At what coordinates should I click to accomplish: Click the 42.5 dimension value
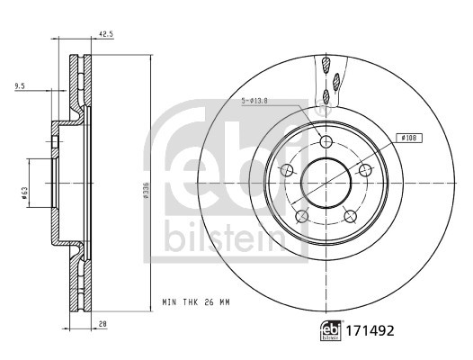[x=106, y=37]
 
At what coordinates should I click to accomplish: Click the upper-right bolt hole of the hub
[x=364, y=170]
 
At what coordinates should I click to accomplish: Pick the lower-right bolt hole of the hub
[x=350, y=215]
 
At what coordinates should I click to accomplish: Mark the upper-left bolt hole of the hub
[x=287, y=171]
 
